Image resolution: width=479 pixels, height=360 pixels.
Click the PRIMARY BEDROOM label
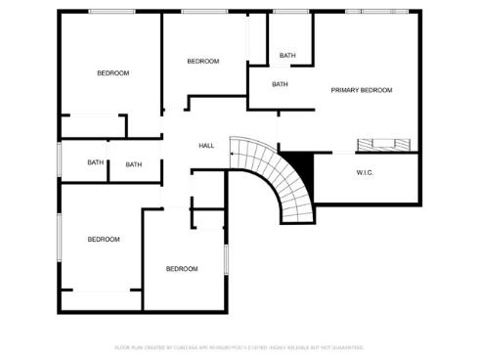(361, 90)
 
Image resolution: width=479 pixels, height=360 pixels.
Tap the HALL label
(206, 146)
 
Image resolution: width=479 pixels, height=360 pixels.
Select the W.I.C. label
(365, 172)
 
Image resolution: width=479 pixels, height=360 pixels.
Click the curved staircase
(279, 176)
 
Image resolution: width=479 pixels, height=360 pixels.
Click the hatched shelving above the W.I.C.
(387, 145)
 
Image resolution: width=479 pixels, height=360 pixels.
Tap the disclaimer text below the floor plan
(239, 347)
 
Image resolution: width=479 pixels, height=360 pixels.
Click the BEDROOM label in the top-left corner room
(112, 73)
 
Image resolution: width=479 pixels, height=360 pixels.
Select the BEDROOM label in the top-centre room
(202, 62)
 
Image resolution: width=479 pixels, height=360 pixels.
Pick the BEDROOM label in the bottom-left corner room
(103, 240)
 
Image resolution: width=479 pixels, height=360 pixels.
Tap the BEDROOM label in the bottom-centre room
(181, 269)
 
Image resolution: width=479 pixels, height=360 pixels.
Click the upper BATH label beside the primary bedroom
(286, 56)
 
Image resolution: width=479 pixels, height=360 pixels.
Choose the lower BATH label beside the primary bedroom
(280, 84)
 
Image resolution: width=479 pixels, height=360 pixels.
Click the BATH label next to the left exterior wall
(95, 162)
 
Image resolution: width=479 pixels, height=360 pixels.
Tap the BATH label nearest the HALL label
(133, 164)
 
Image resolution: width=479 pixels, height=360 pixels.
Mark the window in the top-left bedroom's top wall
(111, 11)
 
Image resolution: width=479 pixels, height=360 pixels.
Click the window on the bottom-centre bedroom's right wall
(227, 258)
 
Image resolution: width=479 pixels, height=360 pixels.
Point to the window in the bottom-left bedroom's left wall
(60, 240)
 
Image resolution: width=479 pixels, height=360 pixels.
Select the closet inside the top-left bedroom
(93, 126)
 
